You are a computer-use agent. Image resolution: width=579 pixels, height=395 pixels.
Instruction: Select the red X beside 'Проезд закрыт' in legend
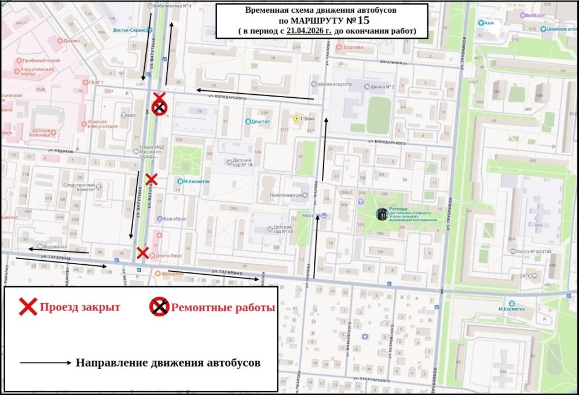tap(28, 307)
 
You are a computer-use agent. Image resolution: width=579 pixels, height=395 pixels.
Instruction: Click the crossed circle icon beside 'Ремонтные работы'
tap(160, 307)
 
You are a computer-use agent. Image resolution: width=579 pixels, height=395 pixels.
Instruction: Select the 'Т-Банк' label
tap(306, 119)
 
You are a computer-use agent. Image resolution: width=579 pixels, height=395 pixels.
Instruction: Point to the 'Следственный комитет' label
tap(79, 186)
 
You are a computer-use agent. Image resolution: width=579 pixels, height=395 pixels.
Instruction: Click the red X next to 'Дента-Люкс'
tap(142, 252)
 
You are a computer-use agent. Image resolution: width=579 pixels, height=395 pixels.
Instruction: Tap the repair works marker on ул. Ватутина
tap(160, 107)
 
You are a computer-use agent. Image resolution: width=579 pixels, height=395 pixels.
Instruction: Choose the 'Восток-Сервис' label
tap(129, 29)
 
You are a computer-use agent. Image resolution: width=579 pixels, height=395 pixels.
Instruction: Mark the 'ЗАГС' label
tap(527, 276)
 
